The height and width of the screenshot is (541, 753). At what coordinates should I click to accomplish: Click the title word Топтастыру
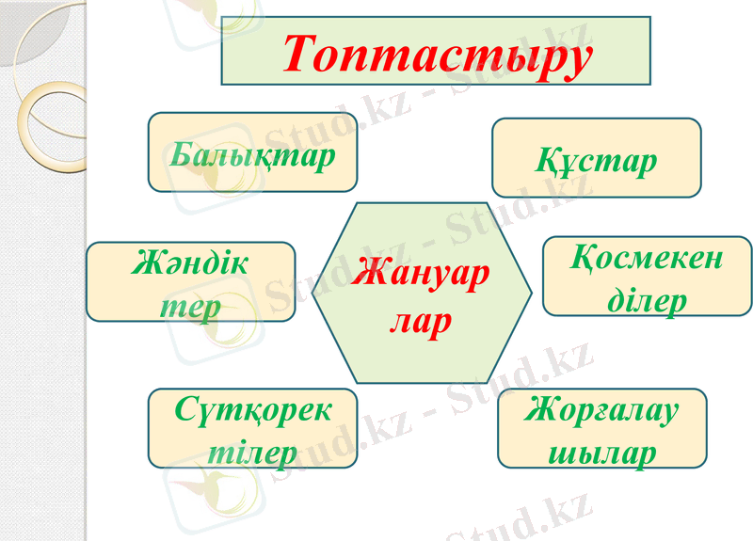coord(437,53)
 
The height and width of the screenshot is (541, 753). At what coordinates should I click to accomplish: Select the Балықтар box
coord(252,152)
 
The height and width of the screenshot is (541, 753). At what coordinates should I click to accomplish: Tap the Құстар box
coord(597,157)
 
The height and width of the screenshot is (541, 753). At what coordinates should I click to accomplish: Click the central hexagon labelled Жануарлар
coord(421,293)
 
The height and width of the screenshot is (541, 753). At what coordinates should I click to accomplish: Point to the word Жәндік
coord(191,264)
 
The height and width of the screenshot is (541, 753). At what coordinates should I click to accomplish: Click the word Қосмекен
coord(647,258)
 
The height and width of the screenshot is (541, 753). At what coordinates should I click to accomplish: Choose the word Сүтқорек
coord(253,410)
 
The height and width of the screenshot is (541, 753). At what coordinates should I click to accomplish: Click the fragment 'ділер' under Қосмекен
coord(647,300)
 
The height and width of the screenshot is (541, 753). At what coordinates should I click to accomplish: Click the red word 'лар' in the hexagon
coord(421,321)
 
